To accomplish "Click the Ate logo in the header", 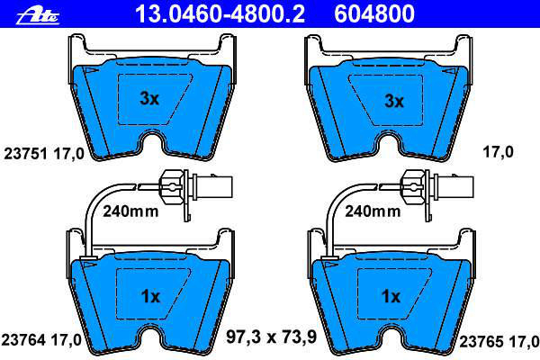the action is (x=38, y=15).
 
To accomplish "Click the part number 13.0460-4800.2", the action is (x=220, y=13).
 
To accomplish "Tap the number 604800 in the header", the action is (x=374, y=13).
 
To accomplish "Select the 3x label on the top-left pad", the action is (x=149, y=99).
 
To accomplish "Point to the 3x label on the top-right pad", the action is (x=393, y=101).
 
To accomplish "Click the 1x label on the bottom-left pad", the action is (x=150, y=296).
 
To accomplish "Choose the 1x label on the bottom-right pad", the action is (x=391, y=296).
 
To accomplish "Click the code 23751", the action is (x=25, y=154).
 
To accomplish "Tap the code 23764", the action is (x=23, y=340).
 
